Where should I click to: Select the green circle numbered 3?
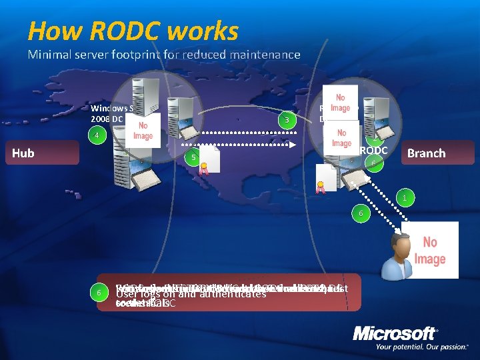click(x=287, y=120)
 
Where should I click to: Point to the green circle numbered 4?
click(x=97, y=135)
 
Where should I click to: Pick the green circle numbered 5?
click(x=193, y=157)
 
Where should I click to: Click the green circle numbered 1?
click(x=403, y=197)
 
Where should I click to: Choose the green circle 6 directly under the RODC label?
click(x=375, y=163)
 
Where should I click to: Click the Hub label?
click(x=23, y=153)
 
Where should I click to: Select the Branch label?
click(x=426, y=153)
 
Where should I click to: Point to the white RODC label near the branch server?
click(x=373, y=151)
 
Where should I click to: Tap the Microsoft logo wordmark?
click(x=395, y=333)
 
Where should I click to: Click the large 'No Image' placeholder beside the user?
click(x=430, y=250)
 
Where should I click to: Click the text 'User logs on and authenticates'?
click(x=191, y=293)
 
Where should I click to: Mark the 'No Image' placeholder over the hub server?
click(x=143, y=131)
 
